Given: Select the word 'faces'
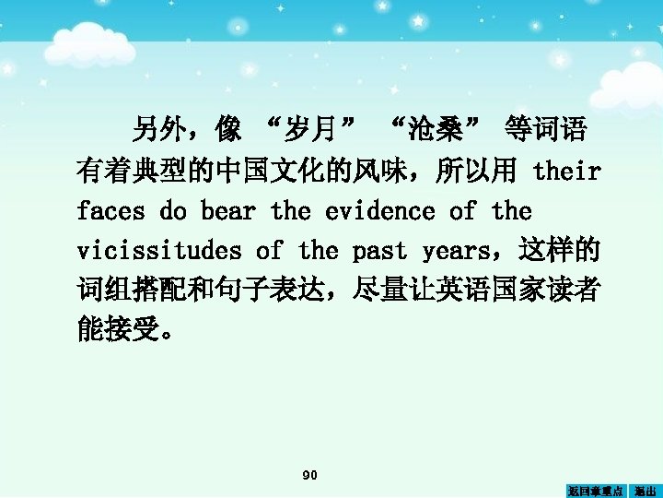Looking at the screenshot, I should click(x=110, y=211).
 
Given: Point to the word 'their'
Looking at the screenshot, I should click(x=567, y=171).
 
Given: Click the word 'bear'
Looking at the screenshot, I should click(x=227, y=211).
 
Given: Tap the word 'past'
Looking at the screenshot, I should click(x=379, y=250).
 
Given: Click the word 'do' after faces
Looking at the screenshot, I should click(x=172, y=211).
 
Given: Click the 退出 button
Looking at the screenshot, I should click(x=646, y=491).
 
